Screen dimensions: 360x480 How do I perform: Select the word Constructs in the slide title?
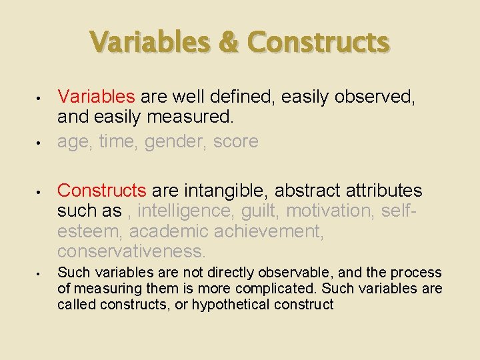(x=318, y=42)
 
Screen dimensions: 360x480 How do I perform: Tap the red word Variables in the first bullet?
(x=96, y=97)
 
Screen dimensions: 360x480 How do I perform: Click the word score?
(x=236, y=141)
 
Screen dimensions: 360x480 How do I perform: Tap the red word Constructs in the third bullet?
(x=102, y=191)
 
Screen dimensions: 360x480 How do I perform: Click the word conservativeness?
(x=131, y=251)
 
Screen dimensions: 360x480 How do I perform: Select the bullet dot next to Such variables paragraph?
(x=40, y=273)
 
